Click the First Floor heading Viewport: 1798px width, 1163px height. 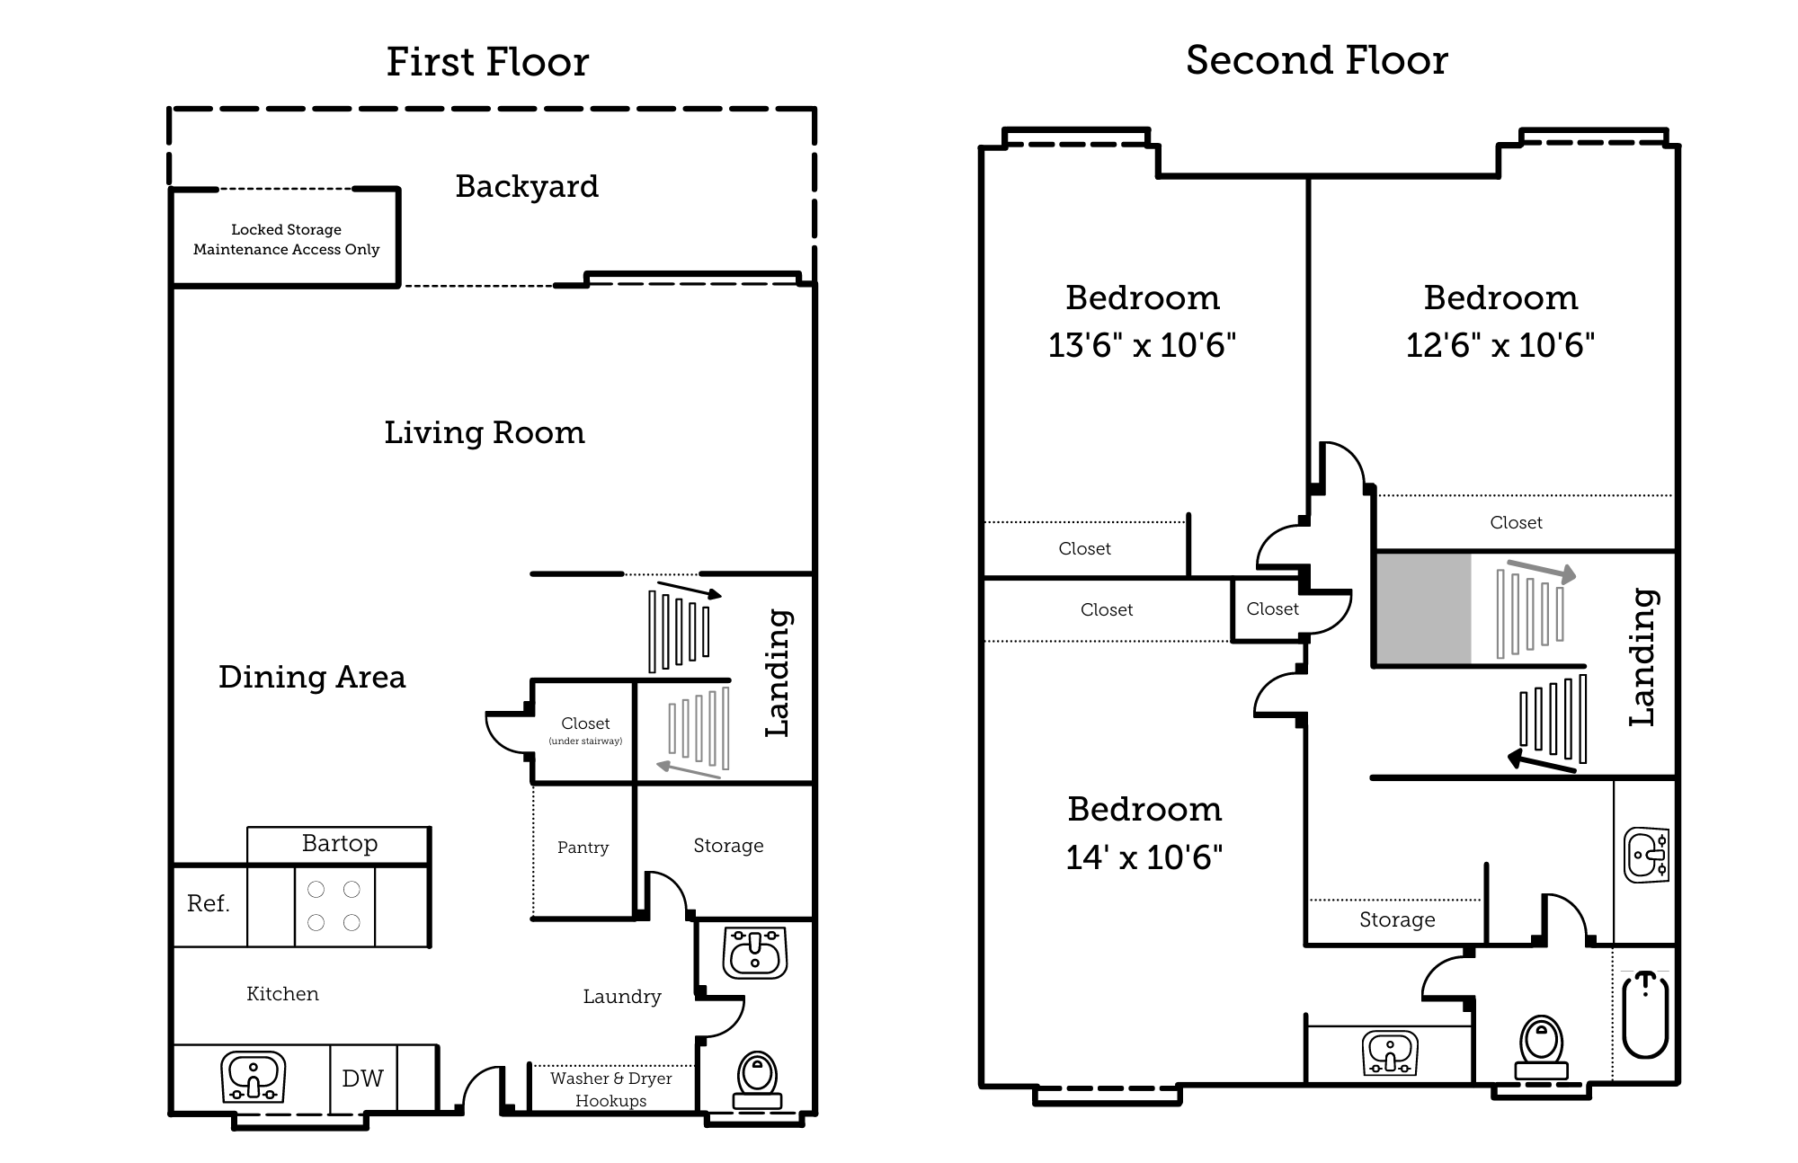pyautogui.click(x=487, y=62)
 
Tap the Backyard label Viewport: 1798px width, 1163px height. pyautogui.click(x=527, y=186)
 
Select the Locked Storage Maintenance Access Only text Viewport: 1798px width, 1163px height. pyautogui.click(x=286, y=239)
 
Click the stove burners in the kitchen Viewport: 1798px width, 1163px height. pyautogui.click(x=334, y=906)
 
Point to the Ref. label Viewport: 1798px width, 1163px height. pyautogui.click(x=208, y=903)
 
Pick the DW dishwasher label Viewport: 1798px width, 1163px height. pyautogui.click(x=362, y=1078)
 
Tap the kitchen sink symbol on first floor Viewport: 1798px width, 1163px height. pyautogui.click(x=254, y=1077)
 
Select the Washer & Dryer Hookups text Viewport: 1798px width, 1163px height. pyautogui.click(x=611, y=1089)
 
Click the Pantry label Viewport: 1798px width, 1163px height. pyautogui.click(x=583, y=848)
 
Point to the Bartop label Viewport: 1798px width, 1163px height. pyautogui.click(x=339, y=843)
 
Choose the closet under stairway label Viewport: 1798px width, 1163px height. pyautogui.click(x=585, y=730)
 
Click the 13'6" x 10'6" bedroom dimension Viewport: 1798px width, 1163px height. pyautogui.click(x=1142, y=345)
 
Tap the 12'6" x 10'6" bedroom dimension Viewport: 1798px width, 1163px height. pyautogui.click(x=1500, y=345)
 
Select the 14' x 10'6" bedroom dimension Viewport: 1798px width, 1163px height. pyautogui.click(x=1144, y=857)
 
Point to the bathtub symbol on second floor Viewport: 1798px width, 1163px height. pyautogui.click(x=1646, y=1016)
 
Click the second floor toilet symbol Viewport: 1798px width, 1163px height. pyautogui.click(x=1541, y=1047)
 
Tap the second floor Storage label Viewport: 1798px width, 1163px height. pyautogui.click(x=1397, y=919)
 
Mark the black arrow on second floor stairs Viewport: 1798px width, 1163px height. pyautogui.click(x=1541, y=762)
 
